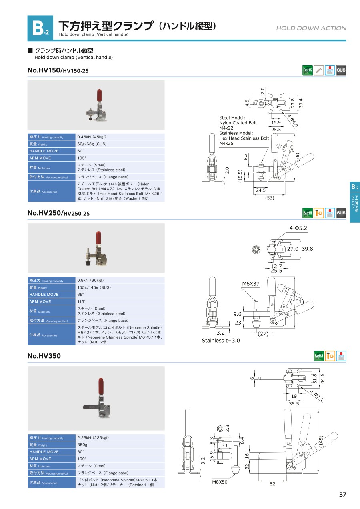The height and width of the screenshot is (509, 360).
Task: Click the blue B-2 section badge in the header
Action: tap(40, 28)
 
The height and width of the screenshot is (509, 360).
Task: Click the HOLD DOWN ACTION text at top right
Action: tap(311, 28)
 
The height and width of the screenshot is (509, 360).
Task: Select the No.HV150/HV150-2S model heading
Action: tap(58, 70)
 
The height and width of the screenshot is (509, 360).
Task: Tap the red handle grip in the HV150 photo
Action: tap(99, 95)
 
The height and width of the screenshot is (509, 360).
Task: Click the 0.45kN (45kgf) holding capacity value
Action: tap(92, 137)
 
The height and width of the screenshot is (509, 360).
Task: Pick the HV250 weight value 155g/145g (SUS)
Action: tap(94, 287)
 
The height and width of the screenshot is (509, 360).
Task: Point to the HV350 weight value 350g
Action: tap(82, 445)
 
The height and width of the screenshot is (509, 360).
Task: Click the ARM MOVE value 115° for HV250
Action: tap(81, 301)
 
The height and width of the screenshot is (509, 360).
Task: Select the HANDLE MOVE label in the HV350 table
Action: tap(44, 452)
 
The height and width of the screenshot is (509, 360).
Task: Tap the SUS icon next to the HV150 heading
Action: tap(341, 70)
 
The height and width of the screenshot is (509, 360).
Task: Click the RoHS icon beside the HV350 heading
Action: tap(319, 356)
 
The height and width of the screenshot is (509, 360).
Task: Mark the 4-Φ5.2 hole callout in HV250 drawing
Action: tap(298, 228)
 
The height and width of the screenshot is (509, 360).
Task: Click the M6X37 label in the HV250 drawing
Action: tap(250, 284)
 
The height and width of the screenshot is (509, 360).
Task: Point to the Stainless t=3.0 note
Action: tap(221, 341)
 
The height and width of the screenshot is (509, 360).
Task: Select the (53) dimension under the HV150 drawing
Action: tap(270, 198)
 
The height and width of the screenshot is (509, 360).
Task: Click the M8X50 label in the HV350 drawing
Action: tap(220, 482)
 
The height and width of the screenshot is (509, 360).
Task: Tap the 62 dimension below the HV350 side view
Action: tap(272, 484)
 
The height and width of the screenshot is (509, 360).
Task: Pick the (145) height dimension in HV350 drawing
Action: tap(321, 441)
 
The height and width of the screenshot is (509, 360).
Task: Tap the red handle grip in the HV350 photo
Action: tap(101, 386)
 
